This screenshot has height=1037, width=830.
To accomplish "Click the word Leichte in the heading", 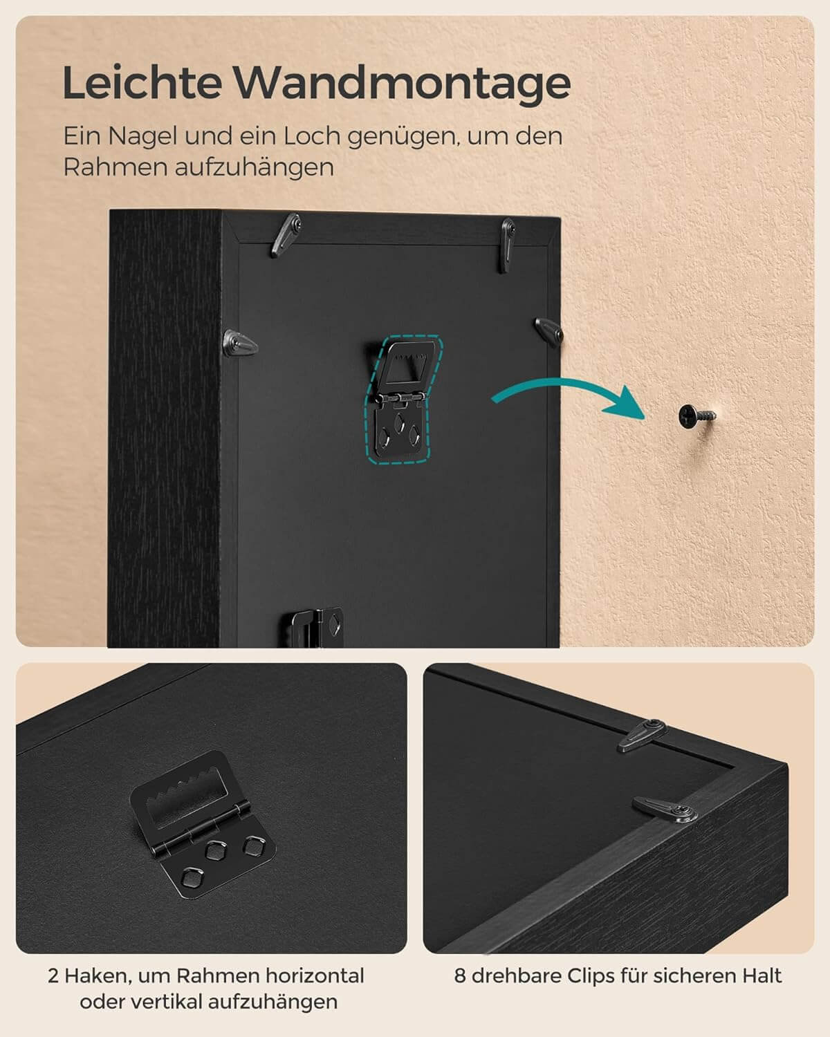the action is (x=142, y=82).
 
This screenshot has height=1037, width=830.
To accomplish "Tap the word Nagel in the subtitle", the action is (x=142, y=137).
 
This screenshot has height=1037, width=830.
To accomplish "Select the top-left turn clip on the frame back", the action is (x=287, y=234).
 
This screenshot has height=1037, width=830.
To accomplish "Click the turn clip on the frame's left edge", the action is (x=240, y=343).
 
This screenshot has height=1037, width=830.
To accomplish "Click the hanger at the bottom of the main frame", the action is (x=313, y=626).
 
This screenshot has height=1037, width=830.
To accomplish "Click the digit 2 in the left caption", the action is (x=53, y=975).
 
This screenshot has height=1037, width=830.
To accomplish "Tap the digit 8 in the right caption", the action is (x=459, y=975).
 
